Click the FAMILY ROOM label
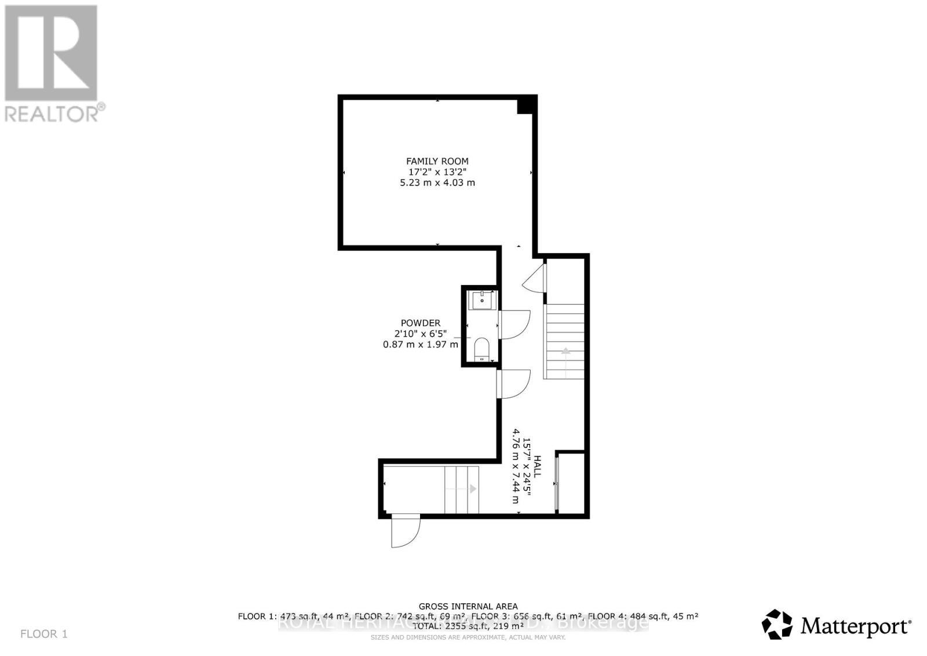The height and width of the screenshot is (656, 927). [437, 161]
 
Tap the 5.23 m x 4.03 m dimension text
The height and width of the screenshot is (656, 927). [437, 183]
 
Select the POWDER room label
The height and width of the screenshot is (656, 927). [420, 323]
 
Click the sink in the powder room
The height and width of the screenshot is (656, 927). [482, 301]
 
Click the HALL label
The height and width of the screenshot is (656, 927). [537, 467]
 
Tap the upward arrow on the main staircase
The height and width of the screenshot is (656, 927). [564, 351]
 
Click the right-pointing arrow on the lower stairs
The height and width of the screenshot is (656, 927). [473, 489]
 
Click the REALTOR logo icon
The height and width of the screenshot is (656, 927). [51, 53]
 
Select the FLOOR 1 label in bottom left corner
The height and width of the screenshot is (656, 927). [44, 634]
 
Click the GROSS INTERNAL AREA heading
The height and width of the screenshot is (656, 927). [468, 606]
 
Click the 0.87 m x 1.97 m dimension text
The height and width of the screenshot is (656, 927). [420, 344]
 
